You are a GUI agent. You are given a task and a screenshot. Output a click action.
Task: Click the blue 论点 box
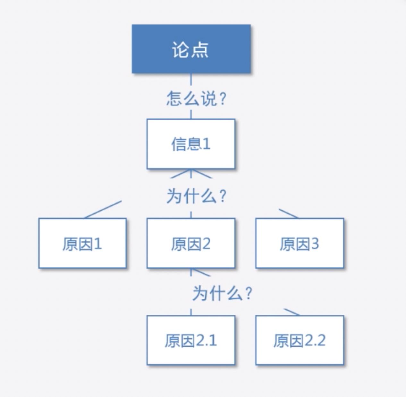[191, 49]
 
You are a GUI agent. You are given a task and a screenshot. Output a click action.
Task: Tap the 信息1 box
[191, 144]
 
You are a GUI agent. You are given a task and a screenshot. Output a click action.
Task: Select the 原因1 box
[82, 243]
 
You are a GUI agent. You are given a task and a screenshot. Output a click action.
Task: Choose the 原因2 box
[191, 243]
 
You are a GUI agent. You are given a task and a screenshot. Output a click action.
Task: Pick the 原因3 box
[300, 243]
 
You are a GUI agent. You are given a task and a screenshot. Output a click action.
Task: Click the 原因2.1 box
[191, 340]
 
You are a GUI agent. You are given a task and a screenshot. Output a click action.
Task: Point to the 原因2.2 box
[300, 340]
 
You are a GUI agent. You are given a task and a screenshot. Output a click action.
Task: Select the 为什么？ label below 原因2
[222, 293]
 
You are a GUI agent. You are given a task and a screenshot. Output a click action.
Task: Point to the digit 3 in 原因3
[315, 243]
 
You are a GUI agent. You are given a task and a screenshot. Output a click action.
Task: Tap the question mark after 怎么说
[223, 99]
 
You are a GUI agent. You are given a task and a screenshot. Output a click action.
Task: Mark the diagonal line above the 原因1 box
[103, 209]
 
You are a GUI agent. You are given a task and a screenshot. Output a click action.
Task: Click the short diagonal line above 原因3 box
[288, 213]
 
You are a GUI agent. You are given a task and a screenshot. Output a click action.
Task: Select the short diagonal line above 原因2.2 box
[292, 312]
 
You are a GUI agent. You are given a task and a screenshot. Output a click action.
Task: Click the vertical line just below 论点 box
[191, 79]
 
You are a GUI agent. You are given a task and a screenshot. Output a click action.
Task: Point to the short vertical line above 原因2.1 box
[191, 312]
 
